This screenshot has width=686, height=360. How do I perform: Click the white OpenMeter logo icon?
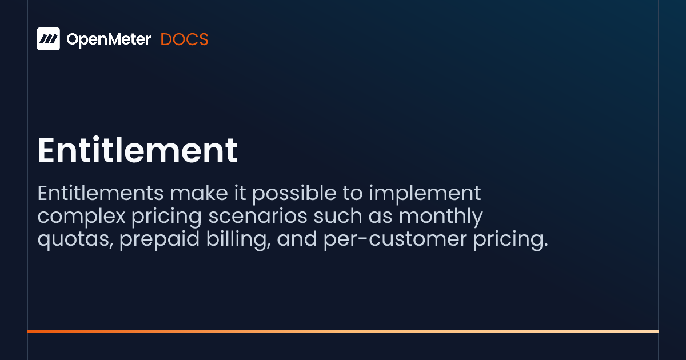[49, 39]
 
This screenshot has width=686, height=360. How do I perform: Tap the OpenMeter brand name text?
[109, 39]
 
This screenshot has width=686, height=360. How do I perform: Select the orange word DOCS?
[184, 39]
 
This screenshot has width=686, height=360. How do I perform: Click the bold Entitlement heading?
[137, 150]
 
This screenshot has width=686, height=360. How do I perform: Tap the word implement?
[425, 194]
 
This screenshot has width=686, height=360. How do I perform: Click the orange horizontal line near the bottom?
[343, 331]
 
